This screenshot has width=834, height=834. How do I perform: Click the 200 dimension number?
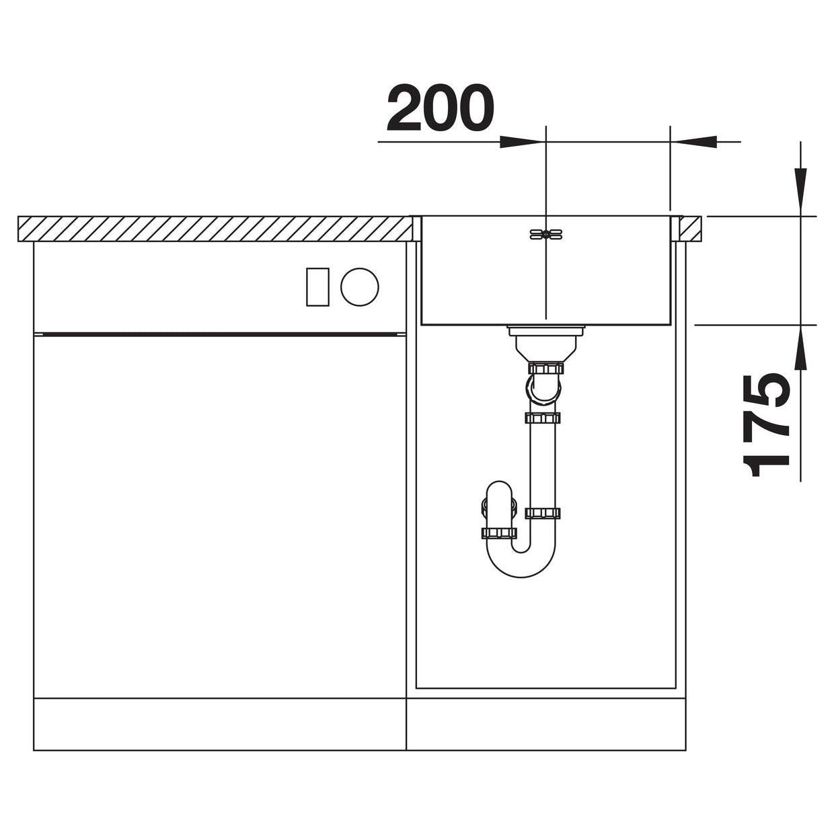click(x=440, y=108)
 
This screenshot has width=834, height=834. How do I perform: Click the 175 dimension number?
click(x=765, y=425)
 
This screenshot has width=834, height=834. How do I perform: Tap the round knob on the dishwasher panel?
click(x=359, y=287)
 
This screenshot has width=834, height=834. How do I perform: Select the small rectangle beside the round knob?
click(x=317, y=287)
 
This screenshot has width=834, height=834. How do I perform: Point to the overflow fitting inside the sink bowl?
click(x=545, y=234)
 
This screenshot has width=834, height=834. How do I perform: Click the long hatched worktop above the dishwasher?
click(x=215, y=229)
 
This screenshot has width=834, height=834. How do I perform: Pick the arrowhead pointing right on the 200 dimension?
click(x=522, y=141)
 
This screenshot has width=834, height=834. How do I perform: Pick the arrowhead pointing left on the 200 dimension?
click(x=693, y=141)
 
